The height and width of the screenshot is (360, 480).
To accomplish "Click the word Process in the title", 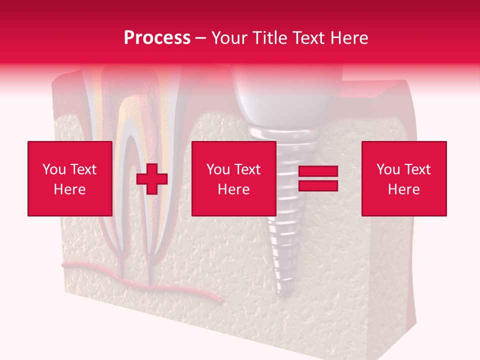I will (x=157, y=37).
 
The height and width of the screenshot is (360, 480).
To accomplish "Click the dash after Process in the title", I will (x=200, y=38).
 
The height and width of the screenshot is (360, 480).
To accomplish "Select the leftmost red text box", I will (x=69, y=178).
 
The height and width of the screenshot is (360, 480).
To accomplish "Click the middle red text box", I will (x=233, y=178).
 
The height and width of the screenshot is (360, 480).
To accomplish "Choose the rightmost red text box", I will (x=403, y=178).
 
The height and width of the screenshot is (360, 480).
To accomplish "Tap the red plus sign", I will (x=152, y=179).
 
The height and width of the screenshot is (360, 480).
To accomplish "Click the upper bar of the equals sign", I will (x=318, y=171).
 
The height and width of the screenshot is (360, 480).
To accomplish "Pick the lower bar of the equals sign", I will (x=318, y=186).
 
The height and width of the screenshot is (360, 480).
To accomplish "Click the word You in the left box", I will (x=53, y=169).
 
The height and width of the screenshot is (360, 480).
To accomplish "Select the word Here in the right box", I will (x=403, y=189).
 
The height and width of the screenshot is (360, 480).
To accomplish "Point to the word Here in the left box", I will (x=69, y=189).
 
